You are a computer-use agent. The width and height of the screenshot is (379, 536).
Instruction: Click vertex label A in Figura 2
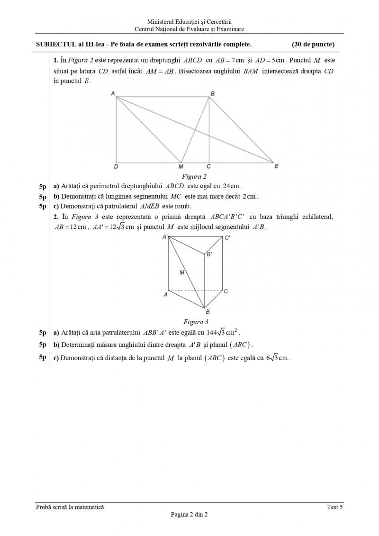[113, 93]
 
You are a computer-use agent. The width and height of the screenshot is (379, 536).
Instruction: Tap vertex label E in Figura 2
[277, 166]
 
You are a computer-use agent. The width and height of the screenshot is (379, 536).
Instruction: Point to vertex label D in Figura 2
[116, 167]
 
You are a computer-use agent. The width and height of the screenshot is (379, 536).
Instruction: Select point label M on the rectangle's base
[180, 167]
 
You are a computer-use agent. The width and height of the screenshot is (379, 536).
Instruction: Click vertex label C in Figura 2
[208, 167]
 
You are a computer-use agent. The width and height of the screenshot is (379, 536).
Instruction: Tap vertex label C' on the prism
[227, 238]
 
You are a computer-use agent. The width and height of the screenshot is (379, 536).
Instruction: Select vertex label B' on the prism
[208, 254]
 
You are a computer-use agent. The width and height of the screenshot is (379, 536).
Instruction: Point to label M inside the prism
[182, 273]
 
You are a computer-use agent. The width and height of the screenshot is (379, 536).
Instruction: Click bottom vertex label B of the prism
[208, 312]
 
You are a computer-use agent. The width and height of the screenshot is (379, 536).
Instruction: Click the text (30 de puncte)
[313, 45]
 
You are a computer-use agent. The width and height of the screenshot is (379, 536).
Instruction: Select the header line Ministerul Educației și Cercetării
[189, 22]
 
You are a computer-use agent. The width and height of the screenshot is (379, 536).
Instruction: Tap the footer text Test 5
[335, 507]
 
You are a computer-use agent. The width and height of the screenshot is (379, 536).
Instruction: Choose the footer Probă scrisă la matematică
[70, 507]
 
